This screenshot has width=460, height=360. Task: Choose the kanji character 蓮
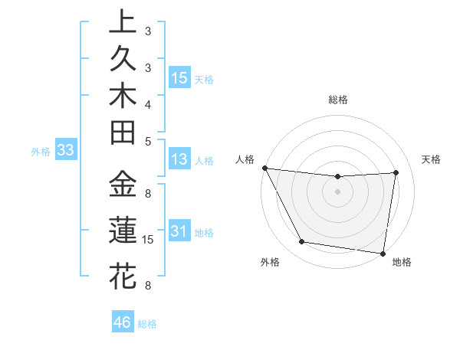coord(123,231)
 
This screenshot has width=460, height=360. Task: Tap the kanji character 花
coord(123,276)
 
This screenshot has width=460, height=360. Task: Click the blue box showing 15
coord(179,78)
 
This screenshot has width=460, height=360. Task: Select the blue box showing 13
coord(179,160)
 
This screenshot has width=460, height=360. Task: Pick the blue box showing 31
coord(179,231)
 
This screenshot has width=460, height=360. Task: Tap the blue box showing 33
coord(65,151)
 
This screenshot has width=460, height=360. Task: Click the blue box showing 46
coord(123,322)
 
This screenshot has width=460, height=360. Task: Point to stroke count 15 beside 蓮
coord(148,240)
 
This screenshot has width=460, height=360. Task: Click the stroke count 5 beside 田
coord(148,141)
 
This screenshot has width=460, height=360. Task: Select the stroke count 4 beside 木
coord(148,104)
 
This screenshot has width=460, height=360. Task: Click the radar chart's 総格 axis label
coord(338,100)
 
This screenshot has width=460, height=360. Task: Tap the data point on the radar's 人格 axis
coord(264,168)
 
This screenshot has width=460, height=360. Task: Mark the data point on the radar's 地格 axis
coord(383,253)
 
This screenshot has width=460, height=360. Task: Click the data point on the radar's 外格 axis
coord(302,242)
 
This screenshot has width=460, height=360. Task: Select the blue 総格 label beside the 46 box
coord(147,324)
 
